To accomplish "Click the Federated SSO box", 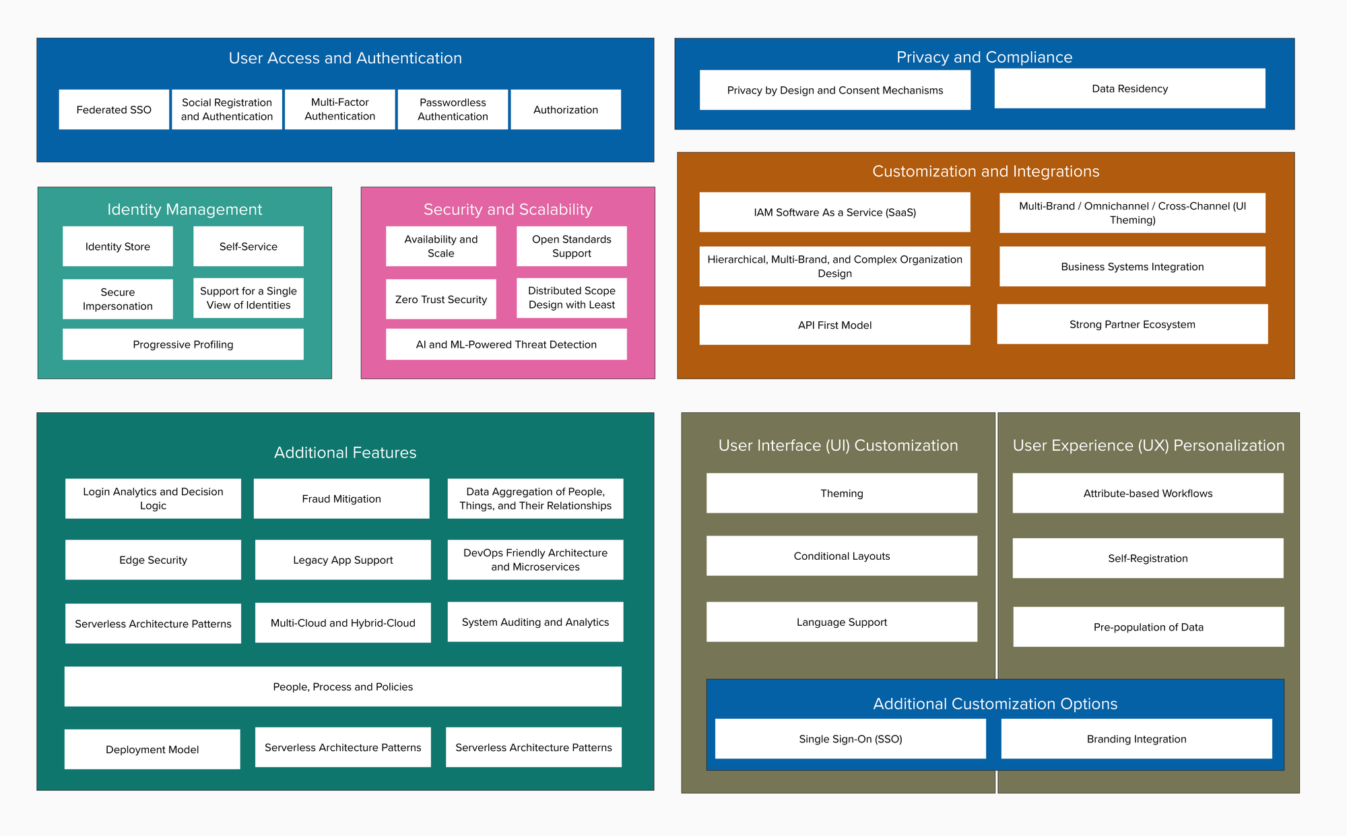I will pyautogui.click(x=114, y=109).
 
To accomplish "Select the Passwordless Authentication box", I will pyautogui.click(x=453, y=109).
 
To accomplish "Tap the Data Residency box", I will pyautogui.click(x=1129, y=88).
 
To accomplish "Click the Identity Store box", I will pyautogui.click(x=118, y=247).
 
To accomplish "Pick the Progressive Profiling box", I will pyautogui.click(x=183, y=344).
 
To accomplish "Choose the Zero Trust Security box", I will pyautogui.click(x=441, y=299).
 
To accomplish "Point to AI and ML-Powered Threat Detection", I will pyautogui.click(x=506, y=344).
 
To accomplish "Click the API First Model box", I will pyautogui.click(x=834, y=325).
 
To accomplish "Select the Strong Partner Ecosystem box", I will pyautogui.click(x=1132, y=324).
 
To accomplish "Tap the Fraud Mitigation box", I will pyautogui.click(x=341, y=499).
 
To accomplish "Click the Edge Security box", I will pyautogui.click(x=153, y=560).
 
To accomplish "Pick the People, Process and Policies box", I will pyautogui.click(x=343, y=686).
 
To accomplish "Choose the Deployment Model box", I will pyautogui.click(x=152, y=749).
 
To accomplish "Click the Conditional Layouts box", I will pyautogui.click(x=841, y=556).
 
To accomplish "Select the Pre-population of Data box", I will pyautogui.click(x=1148, y=626).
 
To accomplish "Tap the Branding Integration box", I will pyautogui.click(x=1136, y=739).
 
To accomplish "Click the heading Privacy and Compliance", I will pyautogui.click(x=984, y=57).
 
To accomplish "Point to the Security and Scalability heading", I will pyautogui.click(x=508, y=210).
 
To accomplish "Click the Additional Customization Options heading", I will pyautogui.click(x=995, y=703).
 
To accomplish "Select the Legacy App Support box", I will pyautogui.click(x=343, y=560).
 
